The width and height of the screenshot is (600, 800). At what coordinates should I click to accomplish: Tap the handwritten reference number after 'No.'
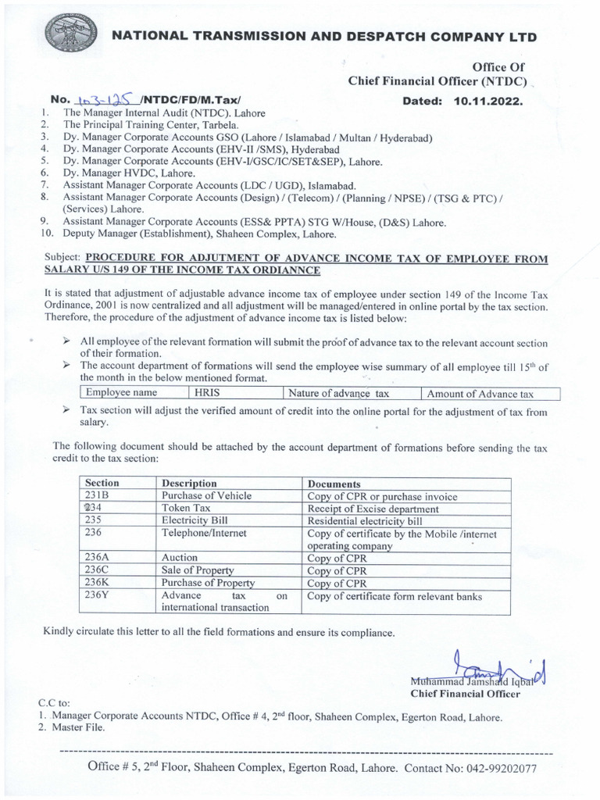(103, 101)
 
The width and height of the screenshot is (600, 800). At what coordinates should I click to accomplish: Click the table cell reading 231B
(98, 496)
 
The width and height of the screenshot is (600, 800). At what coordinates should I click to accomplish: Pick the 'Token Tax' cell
(182, 509)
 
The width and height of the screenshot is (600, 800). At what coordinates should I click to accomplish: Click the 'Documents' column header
(334, 484)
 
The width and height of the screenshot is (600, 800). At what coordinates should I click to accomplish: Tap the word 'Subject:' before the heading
(62, 257)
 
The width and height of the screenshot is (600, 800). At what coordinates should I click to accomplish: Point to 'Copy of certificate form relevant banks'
(395, 596)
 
